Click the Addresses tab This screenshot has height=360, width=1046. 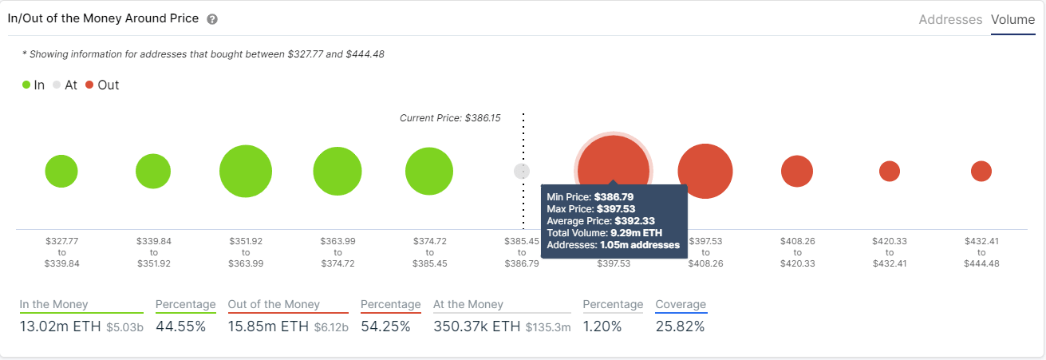pyautogui.click(x=950, y=20)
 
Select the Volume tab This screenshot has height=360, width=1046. pyautogui.click(x=1012, y=20)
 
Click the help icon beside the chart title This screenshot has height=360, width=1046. pyautogui.click(x=212, y=19)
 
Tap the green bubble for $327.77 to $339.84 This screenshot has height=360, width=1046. pyautogui.click(x=61, y=171)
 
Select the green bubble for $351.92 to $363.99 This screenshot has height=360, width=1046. pyautogui.click(x=246, y=171)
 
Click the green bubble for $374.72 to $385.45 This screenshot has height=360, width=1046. pyautogui.click(x=429, y=171)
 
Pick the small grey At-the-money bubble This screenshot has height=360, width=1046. pyautogui.click(x=521, y=171)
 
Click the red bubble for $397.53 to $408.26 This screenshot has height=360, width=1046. pyautogui.click(x=705, y=171)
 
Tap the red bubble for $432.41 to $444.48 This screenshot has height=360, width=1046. pyautogui.click(x=981, y=171)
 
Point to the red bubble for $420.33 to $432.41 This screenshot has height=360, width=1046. pyautogui.click(x=889, y=171)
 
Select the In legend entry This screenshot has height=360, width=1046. pyautogui.click(x=33, y=85)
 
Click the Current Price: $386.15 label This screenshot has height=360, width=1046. pyautogui.click(x=450, y=118)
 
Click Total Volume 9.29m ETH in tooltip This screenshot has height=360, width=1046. pyautogui.click(x=604, y=232)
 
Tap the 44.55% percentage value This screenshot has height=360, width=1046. pyautogui.click(x=180, y=326)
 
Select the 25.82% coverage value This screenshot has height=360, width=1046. pyautogui.click(x=681, y=326)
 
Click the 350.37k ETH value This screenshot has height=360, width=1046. pyautogui.click(x=476, y=326)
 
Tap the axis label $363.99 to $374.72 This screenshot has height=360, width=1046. pyautogui.click(x=337, y=251)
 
